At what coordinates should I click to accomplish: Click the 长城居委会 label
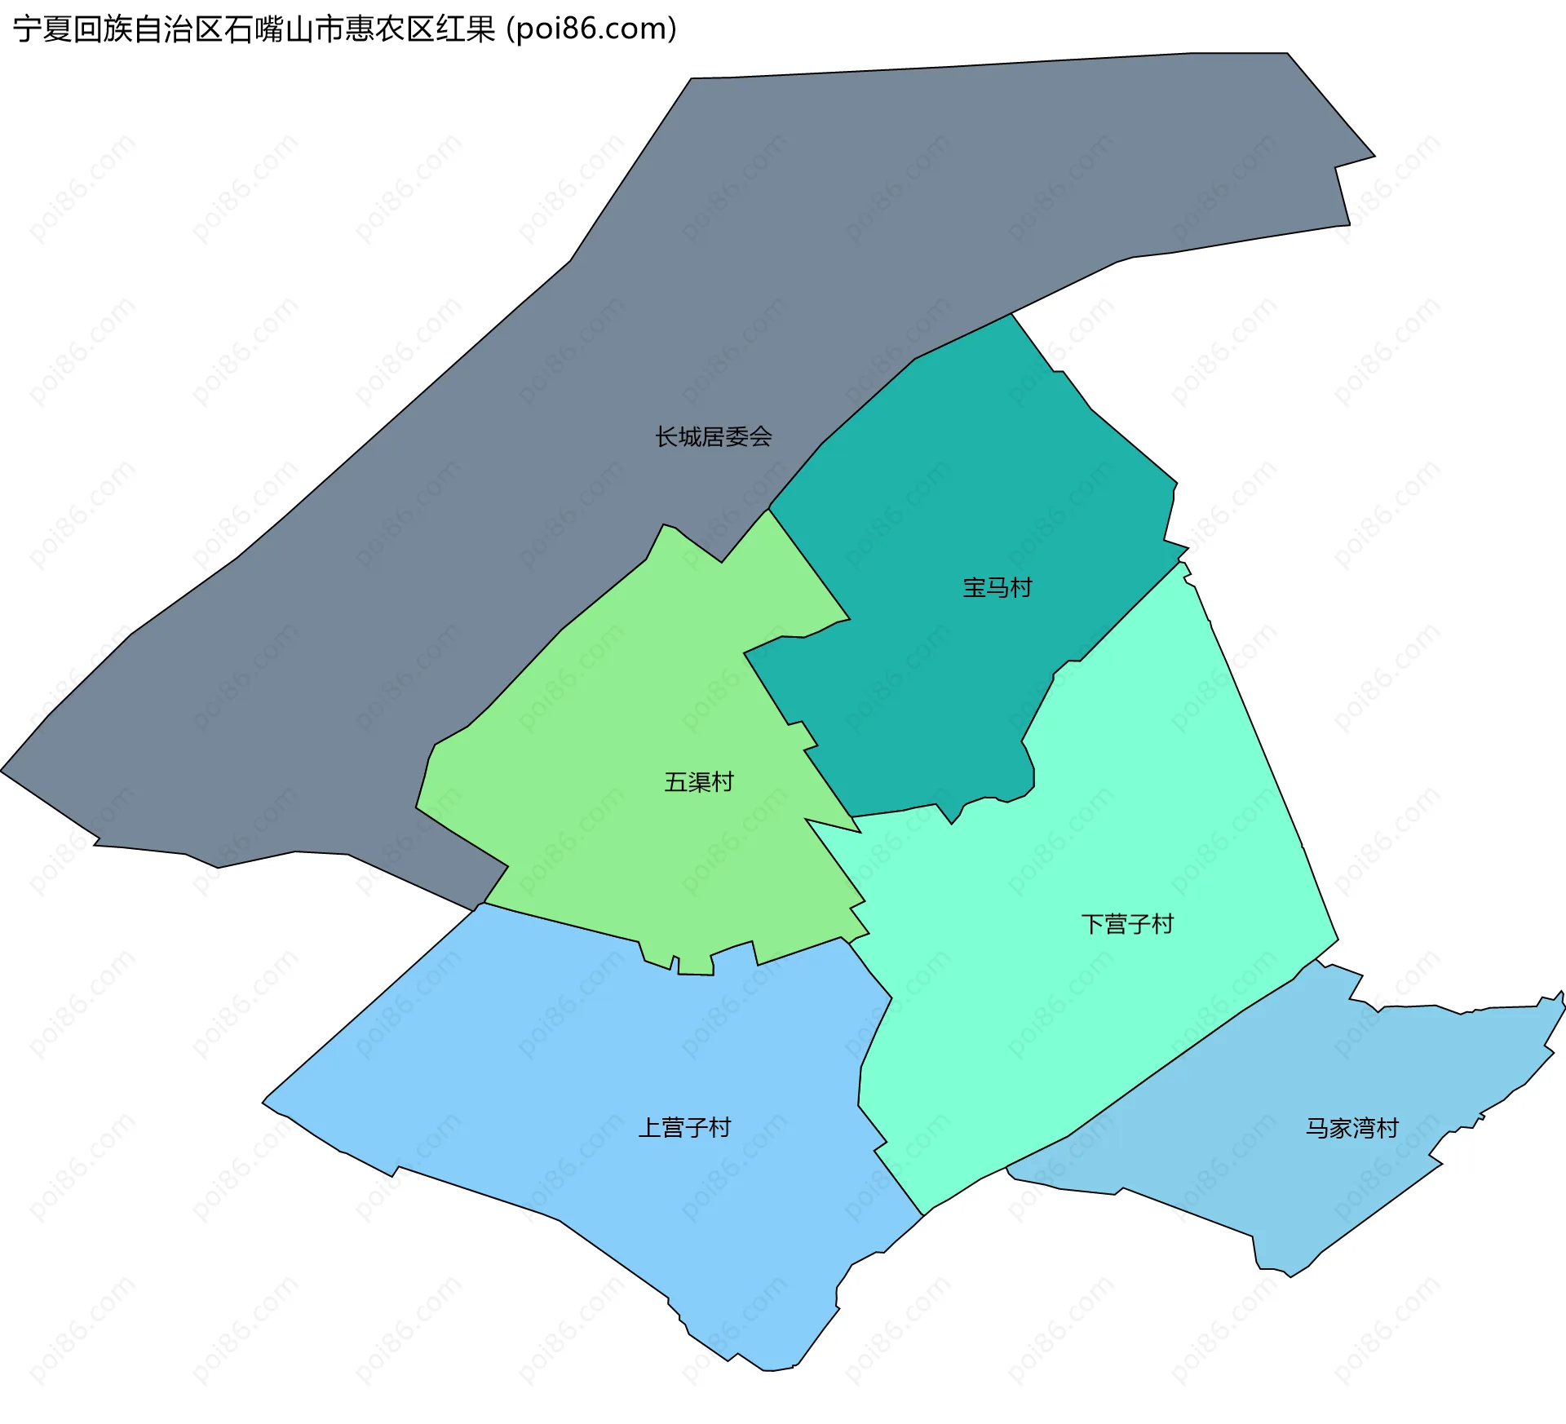tap(714, 437)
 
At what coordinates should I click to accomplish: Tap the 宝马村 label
tap(997, 587)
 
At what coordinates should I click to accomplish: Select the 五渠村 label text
tap(699, 782)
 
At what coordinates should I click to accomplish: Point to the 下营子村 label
tap(1127, 924)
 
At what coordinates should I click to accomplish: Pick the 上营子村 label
tap(684, 1128)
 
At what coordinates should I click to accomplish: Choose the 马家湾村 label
tap(1352, 1128)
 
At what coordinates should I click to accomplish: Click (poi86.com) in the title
tap(591, 29)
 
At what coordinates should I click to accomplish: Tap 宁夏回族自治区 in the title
tap(117, 29)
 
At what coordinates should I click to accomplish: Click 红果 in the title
tap(466, 29)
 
